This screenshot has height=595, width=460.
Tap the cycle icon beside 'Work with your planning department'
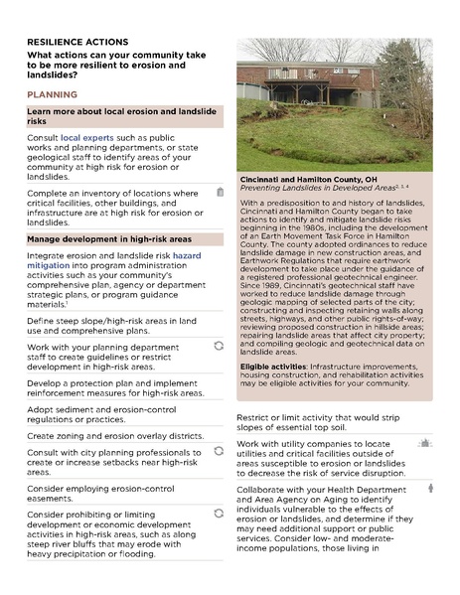(219, 344)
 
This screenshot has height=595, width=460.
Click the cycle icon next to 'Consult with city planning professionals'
(219, 452)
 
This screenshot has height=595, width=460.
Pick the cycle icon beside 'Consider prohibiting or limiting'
(219, 513)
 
